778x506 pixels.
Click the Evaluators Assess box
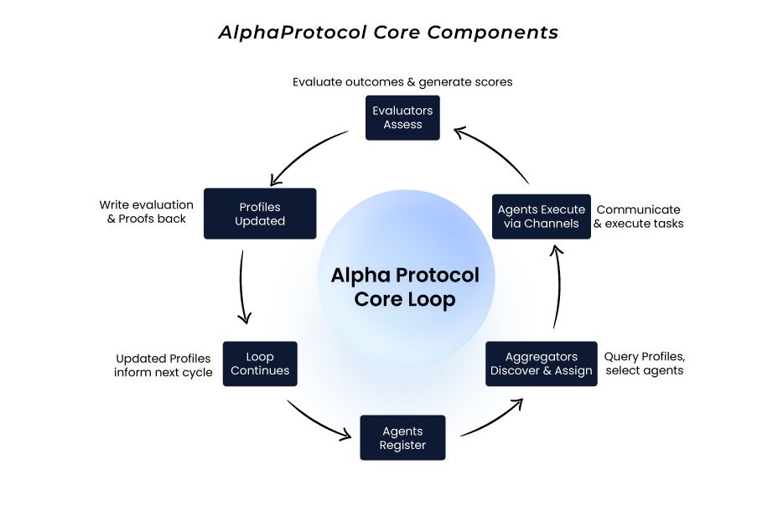[402, 117]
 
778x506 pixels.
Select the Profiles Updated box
[260, 214]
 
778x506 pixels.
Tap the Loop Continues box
[260, 363]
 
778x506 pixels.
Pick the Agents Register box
[402, 437]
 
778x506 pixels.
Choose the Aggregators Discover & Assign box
[541, 363]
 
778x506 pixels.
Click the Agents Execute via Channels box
[541, 216]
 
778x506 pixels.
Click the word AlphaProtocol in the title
[284, 33]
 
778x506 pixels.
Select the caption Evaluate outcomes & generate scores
[402, 82]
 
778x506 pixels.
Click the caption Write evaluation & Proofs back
[146, 211]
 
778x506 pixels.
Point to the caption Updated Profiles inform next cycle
[163, 365]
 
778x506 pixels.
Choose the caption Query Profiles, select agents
[644, 363]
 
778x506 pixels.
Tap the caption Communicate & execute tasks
[639, 216]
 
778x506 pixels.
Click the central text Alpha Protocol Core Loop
[405, 287]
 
